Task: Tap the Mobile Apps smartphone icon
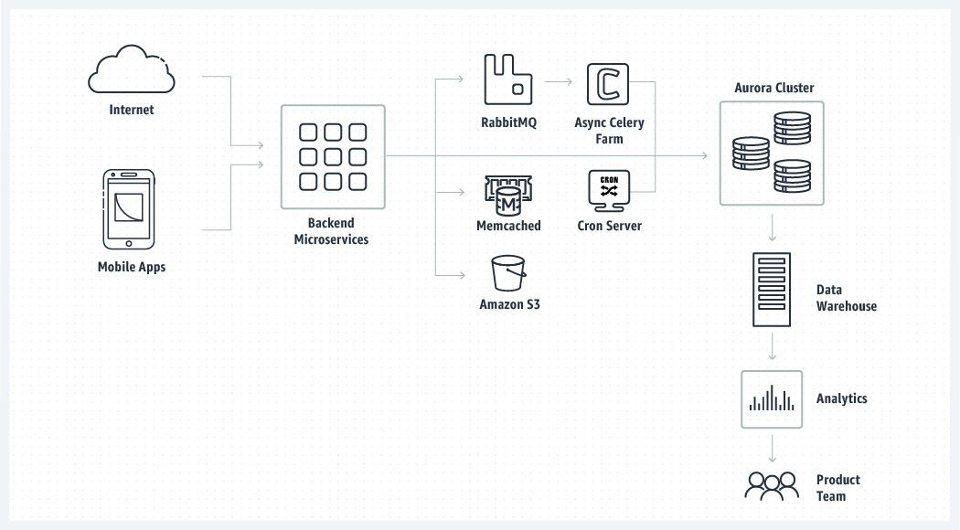pyautogui.click(x=128, y=207)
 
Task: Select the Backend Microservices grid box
pyautogui.click(x=333, y=156)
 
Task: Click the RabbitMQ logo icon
pyautogui.click(x=507, y=79)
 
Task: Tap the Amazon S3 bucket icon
pyautogui.click(x=508, y=273)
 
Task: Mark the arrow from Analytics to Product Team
pyautogui.click(x=773, y=447)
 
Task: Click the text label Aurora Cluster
pyautogui.click(x=773, y=89)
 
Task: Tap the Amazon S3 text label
pyautogui.click(x=509, y=304)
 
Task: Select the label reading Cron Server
pyautogui.click(x=609, y=226)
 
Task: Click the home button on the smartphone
pyautogui.click(x=128, y=243)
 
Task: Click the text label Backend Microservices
pyautogui.click(x=331, y=231)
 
